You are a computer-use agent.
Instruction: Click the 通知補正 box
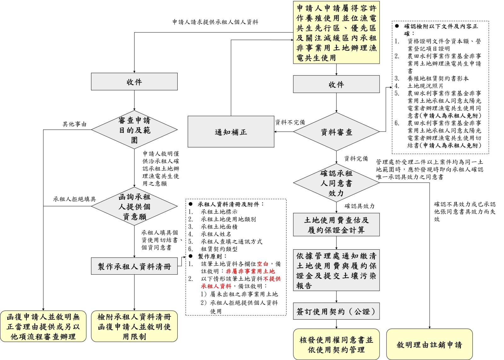click(231, 132)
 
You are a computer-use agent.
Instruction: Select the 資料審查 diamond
click(336, 132)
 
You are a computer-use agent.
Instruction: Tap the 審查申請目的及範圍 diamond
click(135, 130)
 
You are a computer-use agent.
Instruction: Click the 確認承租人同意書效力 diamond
click(336, 183)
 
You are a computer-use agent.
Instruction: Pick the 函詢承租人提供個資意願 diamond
click(135, 207)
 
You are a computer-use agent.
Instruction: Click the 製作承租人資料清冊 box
click(135, 266)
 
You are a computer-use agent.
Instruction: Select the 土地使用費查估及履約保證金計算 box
click(336, 225)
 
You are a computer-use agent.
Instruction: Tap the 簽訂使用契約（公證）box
click(336, 311)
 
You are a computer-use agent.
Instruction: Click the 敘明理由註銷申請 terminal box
click(429, 344)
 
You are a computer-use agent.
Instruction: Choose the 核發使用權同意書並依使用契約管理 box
click(336, 344)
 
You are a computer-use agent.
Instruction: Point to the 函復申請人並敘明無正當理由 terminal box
click(43, 326)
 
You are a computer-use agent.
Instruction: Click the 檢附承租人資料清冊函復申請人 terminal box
click(135, 326)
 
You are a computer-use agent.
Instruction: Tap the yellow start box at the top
click(336, 33)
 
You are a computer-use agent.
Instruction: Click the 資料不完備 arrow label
click(290, 122)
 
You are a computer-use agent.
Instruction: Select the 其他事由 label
click(74, 124)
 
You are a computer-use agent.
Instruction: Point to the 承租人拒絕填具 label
click(74, 199)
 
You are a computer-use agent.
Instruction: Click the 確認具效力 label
click(359, 206)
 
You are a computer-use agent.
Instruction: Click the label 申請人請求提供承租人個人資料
click(215, 22)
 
